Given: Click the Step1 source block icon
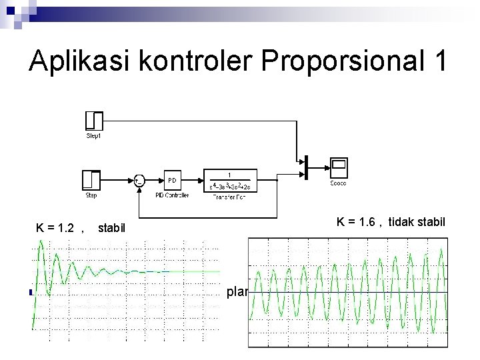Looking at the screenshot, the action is pos(95,120).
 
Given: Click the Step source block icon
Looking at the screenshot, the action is pos(91,179).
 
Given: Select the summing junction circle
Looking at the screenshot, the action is pos(139,179).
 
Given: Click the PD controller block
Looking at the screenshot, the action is pos(171,179).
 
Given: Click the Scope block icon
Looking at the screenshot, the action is pos(339,165).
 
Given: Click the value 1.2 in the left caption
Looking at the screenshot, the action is pos(66,229).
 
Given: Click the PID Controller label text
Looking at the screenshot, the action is pos(171,195).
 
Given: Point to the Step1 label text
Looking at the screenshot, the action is pos(95,135).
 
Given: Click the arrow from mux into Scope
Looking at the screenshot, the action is pos(318,165).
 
